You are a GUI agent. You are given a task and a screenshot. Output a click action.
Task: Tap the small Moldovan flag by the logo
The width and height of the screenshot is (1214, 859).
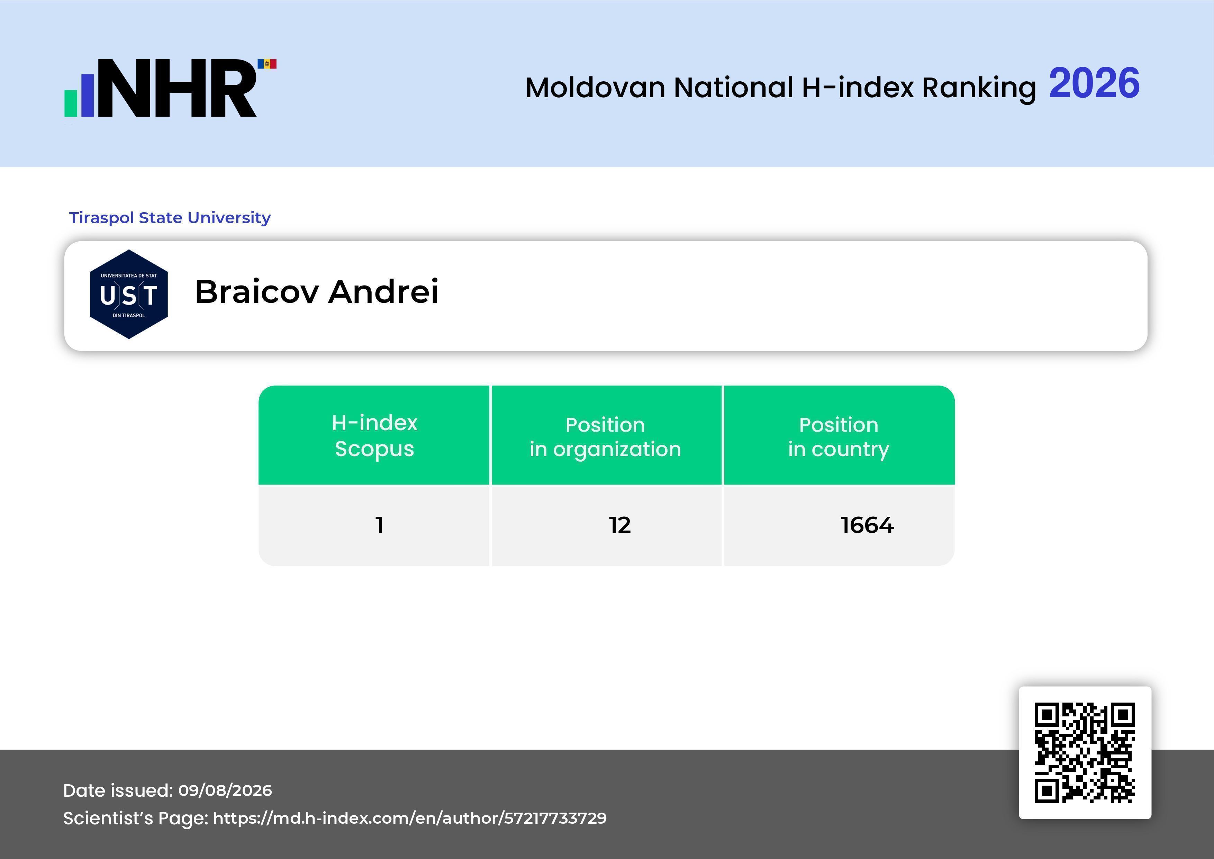coord(267,64)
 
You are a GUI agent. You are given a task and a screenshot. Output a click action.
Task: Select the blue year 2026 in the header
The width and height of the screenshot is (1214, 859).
coord(1094,83)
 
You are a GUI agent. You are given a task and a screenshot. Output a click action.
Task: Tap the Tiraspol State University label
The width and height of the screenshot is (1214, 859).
coord(170,217)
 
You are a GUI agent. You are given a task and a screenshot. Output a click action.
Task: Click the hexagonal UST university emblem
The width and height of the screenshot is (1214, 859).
coord(129,294)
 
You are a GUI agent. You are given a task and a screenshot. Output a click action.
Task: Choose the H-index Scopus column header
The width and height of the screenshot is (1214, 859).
coord(374,435)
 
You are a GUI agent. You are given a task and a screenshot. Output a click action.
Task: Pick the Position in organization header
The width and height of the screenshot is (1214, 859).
coord(605,436)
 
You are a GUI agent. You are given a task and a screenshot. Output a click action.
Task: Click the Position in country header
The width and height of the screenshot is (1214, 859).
coord(839,436)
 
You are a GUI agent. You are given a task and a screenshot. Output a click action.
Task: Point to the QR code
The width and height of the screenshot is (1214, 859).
coord(1085,753)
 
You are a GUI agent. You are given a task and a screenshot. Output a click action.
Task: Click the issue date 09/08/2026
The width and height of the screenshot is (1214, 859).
coord(225,790)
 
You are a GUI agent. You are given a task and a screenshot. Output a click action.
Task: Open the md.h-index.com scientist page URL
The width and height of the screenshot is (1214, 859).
coord(410,818)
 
